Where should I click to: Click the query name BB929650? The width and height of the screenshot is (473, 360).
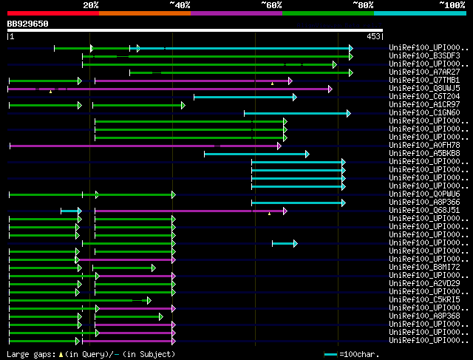[28, 24]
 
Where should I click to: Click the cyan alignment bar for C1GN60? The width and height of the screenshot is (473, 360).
[296, 113]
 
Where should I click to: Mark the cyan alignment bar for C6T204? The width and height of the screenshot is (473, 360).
[244, 97]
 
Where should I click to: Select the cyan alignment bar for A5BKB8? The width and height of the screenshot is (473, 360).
[256, 154]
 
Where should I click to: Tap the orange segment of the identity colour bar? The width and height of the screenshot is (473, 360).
[144, 13]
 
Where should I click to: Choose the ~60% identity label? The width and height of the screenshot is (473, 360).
[271, 5]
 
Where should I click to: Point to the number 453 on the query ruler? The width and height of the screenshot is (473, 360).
[372, 35]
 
